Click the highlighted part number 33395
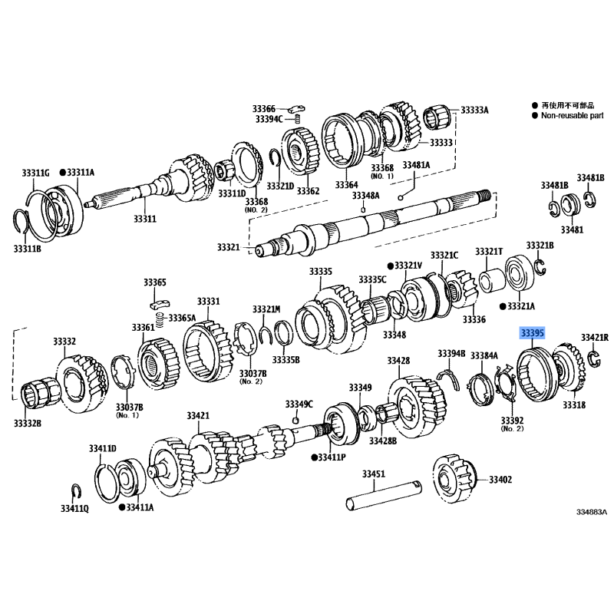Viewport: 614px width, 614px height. (532, 334)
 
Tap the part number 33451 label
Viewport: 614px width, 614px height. (373, 474)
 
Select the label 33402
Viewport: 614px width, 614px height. (500, 480)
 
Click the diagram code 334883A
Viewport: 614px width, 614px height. (592, 511)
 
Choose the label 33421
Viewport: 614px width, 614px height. (197, 415)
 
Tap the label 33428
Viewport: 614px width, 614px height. (398, 360)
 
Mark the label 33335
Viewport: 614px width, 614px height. (321, 271)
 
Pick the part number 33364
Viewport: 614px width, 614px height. (345, 185)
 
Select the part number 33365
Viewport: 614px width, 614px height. (153, 283)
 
